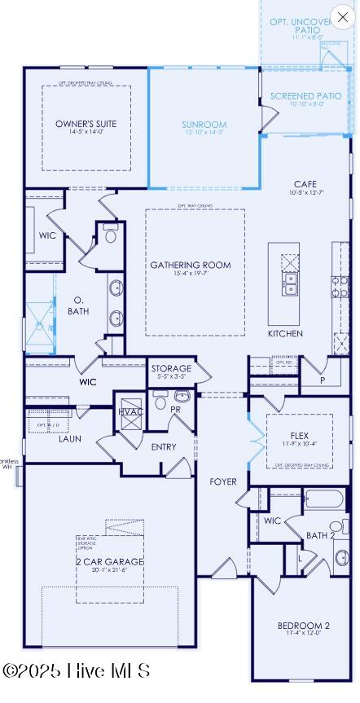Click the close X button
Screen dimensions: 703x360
(x=342, y=16)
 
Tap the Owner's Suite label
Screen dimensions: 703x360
(x=86, y=124)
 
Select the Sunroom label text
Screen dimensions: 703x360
(x=204, y=125)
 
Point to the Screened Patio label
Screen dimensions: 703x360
(x=305, y=96)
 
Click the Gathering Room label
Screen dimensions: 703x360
(x=190, y=265)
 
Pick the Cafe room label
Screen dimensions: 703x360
(x=305, y=184)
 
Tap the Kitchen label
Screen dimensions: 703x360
(x=285, y=334)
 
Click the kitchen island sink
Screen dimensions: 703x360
(x=290, y=283)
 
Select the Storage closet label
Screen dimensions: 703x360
(x=171, y=369)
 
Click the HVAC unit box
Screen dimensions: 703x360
(x=130, y=411)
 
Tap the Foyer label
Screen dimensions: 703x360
(x=223, y=481)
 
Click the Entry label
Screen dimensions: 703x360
(x=164, y=446)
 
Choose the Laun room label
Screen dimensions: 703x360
(x=70, y=438)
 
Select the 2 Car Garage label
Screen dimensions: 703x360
(x=110, y=562)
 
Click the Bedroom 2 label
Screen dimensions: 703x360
(x=303, y=626)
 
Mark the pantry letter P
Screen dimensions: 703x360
(x=322, y=380)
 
